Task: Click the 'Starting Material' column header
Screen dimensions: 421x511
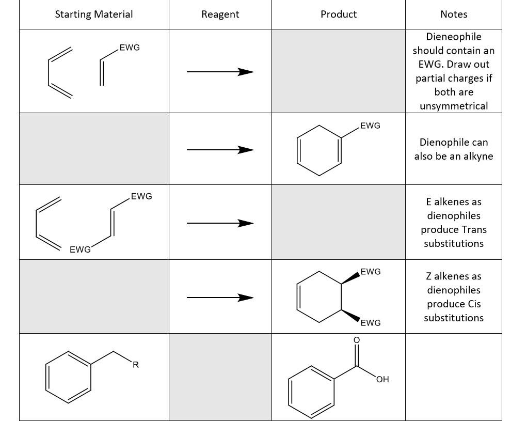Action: (93, 14)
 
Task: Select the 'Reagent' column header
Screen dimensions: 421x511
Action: (220, 14)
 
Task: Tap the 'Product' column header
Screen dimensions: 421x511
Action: (338, 14)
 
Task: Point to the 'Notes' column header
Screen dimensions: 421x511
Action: (454, 14)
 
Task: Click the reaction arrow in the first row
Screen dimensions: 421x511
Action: (220, 72)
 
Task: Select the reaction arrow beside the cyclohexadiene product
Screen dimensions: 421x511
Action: (220, 150)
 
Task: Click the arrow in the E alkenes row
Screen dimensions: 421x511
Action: (220, 223)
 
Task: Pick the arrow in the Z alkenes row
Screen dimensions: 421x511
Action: (220, 297)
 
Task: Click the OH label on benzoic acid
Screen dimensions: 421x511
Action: (382, 380)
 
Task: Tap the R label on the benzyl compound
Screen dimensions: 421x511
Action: (135, 365)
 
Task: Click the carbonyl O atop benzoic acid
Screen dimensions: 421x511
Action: (356, 340)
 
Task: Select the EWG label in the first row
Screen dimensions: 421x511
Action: (129, 48)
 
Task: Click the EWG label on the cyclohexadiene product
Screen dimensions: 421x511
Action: (370, 126)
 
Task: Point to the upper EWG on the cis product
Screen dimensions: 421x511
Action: (371, 271)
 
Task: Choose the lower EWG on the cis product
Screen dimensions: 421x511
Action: (371, 323)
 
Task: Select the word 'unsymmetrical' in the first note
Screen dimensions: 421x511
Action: (454, 106)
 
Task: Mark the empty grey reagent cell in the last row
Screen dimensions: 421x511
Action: (220, 377)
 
